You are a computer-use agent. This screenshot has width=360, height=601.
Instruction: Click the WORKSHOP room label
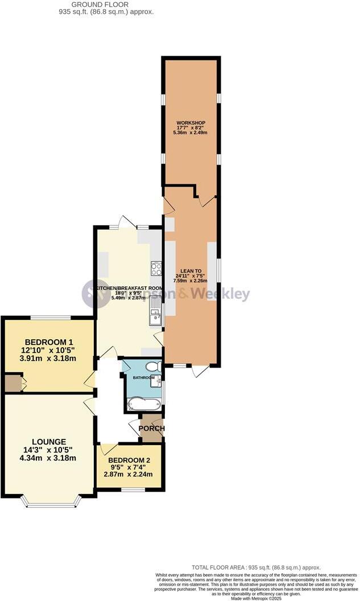pyautogui.click(x=190, y=122)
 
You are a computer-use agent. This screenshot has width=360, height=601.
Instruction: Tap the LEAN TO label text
pyautogui.click(x=190, y=270)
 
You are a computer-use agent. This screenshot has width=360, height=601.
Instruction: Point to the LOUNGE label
pyautogui.click(x=49, y=442)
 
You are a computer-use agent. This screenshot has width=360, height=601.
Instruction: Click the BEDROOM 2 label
pyautogui.click(x=129, y=460)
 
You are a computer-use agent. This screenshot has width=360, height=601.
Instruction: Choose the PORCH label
pyautogui.click(x=152, y=429)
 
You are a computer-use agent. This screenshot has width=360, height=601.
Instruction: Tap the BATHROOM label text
pyautogui.click(x=144, y=377)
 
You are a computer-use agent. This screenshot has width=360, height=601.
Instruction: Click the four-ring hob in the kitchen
pyautogui.click(x=156, y=269)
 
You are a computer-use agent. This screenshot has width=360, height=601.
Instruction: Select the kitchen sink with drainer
pyautogui.click(x=156, y=314)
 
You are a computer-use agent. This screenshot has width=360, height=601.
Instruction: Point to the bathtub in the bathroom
pyautogui.click(x=145, y=405)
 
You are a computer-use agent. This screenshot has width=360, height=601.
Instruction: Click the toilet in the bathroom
pyautogui.click(x=154, y=366)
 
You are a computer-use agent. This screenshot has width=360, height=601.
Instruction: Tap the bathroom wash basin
pyautogui.click(x=156, y=384)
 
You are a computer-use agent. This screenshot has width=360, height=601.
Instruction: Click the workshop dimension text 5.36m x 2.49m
pyautogui.click(x=190, y=133)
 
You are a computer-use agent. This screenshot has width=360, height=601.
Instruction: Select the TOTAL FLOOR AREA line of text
pyautogui.click(x=256, y=567)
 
